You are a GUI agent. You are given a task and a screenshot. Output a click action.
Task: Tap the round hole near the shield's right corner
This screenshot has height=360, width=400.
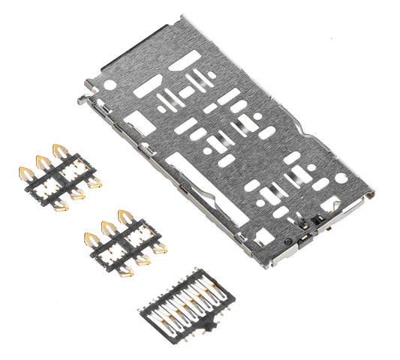pyautogui.click(x=341, y=178)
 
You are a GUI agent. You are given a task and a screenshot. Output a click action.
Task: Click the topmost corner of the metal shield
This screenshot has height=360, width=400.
pyautogui.click(x=182, y=16)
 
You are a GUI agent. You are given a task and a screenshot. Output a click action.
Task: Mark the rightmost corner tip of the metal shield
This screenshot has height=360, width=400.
pyautogui.click(x=373, y=193)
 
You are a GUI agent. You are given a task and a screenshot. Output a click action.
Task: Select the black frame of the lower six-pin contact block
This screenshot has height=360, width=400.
pyautogui.click(x=124, y=244)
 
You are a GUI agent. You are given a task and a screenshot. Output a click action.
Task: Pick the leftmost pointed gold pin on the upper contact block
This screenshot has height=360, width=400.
pyautogui.click(x=25, y=174)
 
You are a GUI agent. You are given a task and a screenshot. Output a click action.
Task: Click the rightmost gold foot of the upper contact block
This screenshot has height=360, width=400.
pyautogui.click(x=95, y=182)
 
